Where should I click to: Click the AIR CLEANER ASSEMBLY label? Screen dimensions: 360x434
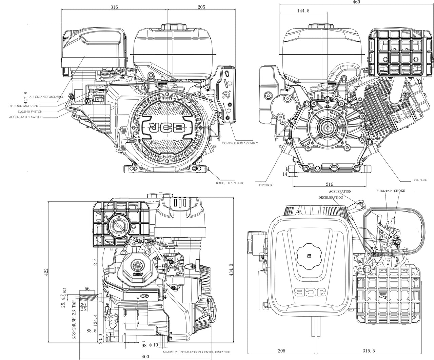pyautogui.click(x=46, y=97)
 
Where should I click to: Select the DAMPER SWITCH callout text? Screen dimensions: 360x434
pyautogui.click(x=30, y=111)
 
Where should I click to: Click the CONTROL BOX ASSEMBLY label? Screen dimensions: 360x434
pyautogui.click(x=240, y=143)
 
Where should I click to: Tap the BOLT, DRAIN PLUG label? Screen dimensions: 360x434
pyautogui.click(x=230, y=183)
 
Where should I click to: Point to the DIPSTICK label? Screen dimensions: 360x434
pyautogui.click(x=265, y=185)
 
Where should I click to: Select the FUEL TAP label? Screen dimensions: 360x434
pyautogui.click(x=384, y=191)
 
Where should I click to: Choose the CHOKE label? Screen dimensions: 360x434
pyautogui.click(x=399, y=191)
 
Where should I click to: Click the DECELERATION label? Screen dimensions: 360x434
pyautogui.click(x=331, y=197)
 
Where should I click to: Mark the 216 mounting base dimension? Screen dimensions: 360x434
pyautogui.click(x=329, y=184)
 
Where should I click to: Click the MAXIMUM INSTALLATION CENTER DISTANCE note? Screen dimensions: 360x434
pyautogui.click(x=196, y=352)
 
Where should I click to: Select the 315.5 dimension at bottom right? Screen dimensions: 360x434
pyautogui.click(x=368, y=351)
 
